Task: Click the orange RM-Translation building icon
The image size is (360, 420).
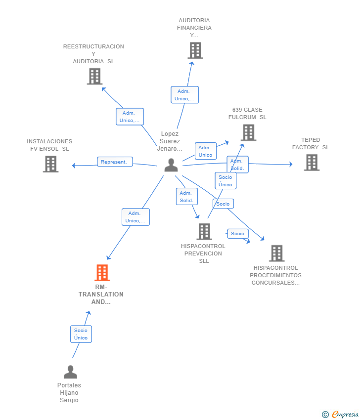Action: (102, 273)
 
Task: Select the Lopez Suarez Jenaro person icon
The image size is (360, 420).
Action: (171, 165)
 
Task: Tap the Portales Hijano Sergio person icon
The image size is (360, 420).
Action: (71, 372)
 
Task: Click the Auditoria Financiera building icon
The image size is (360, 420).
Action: (195, 50)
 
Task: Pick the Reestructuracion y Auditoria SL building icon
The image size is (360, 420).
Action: (94, 77)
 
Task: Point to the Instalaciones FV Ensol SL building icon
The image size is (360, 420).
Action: (50, 164)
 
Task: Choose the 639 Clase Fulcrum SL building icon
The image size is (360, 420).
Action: (248, 132)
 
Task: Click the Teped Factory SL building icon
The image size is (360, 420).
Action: (312, 163)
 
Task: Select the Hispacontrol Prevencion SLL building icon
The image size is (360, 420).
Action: (204, 231)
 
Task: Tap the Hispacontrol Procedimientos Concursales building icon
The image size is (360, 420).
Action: (276, 253)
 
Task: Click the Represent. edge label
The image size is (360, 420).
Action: (115, 162)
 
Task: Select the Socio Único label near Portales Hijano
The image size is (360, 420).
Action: (81, 334)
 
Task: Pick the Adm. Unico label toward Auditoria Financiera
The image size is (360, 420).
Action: (184, 95)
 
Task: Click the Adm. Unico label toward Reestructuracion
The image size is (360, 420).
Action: (130, 117)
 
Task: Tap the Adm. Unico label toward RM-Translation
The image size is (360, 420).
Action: (135, 217)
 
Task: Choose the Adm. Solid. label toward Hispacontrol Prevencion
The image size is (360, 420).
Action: (186, 197)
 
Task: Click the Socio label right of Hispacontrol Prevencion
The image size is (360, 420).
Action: (237, 234)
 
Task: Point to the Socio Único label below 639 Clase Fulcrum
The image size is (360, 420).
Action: (225, 181)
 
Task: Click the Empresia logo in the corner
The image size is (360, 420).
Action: (341, 415)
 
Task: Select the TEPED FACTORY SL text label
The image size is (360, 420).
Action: (311, 144)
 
